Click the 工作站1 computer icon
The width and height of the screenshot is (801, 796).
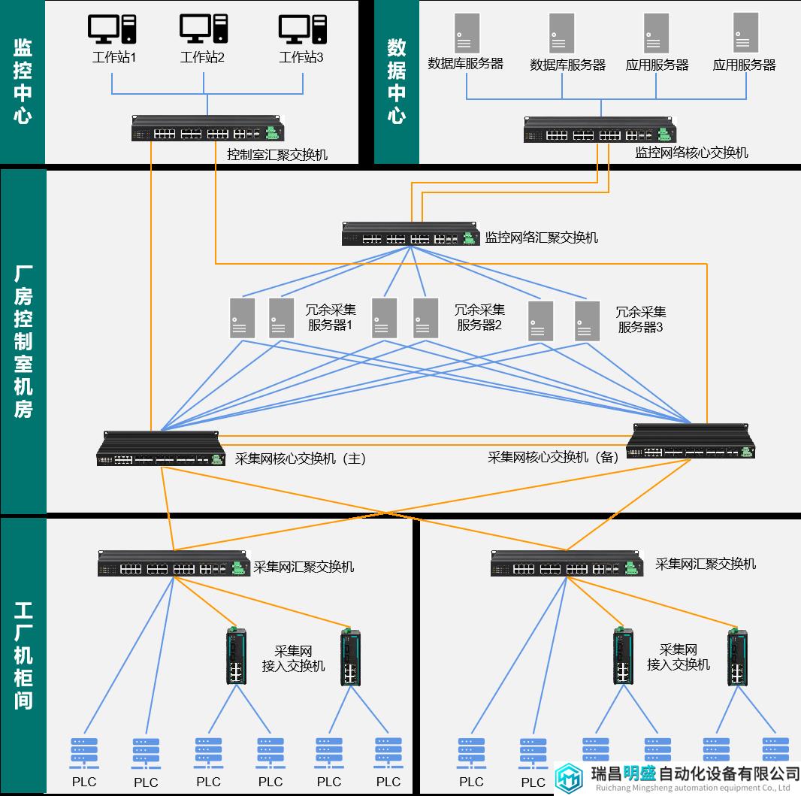point(112,29)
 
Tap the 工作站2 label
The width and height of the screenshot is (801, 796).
point(202,56)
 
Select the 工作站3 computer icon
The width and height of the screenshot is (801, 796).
point(302,29)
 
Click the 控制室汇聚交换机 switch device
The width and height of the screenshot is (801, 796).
point(207,129)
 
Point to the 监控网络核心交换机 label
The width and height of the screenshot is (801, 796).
point(691,153)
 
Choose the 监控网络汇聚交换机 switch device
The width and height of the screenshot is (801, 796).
point(411,234)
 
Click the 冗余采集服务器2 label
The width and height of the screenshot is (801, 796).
point(479,317)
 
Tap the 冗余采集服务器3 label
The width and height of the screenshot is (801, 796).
point(641,319)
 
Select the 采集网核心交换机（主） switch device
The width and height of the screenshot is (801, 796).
point(161,449)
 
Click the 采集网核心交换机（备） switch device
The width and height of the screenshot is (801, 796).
point(691,441)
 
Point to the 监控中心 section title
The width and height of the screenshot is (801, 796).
point(23,81)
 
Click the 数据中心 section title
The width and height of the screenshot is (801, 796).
point(397,81)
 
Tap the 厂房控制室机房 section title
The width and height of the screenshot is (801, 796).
point(23,341)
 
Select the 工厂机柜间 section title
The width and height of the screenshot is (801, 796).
point(23,655)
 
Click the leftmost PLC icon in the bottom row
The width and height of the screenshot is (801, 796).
point(84,754)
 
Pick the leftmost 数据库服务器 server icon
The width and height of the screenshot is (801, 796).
point(467,33)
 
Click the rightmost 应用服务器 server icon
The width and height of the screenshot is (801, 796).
point(746,33)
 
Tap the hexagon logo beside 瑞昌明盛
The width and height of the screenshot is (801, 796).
point(569,778)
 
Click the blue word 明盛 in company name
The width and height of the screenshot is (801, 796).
point(639,773)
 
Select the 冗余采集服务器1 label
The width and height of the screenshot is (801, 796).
point(331,317)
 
